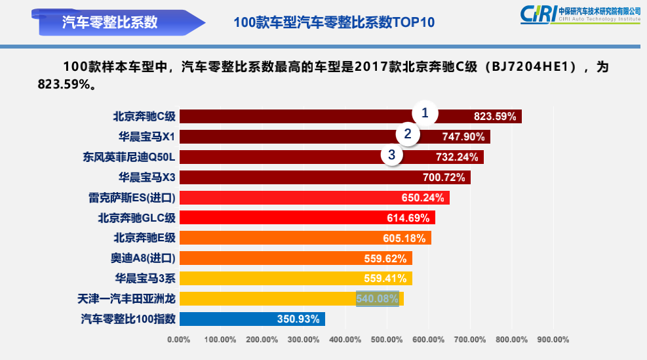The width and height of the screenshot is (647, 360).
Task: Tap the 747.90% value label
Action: (x=463, y=137)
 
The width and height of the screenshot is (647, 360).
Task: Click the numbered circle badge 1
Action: (x=425, y=113)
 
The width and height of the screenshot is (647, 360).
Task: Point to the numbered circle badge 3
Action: (x=391, y=155)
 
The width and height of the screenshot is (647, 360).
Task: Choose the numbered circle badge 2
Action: (x=408, y=134)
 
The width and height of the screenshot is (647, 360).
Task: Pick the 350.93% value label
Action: (x=298, y=319)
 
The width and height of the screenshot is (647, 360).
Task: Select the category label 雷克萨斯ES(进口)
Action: (x=132, y=198)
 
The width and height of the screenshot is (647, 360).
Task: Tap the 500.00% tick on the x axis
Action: (x=387, y=340)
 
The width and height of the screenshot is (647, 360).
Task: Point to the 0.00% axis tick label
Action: (x=179, y=340)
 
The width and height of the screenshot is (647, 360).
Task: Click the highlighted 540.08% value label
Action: (x=377, y=299)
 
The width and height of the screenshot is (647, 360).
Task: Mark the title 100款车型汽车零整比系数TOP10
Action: (x=334, y=22)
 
